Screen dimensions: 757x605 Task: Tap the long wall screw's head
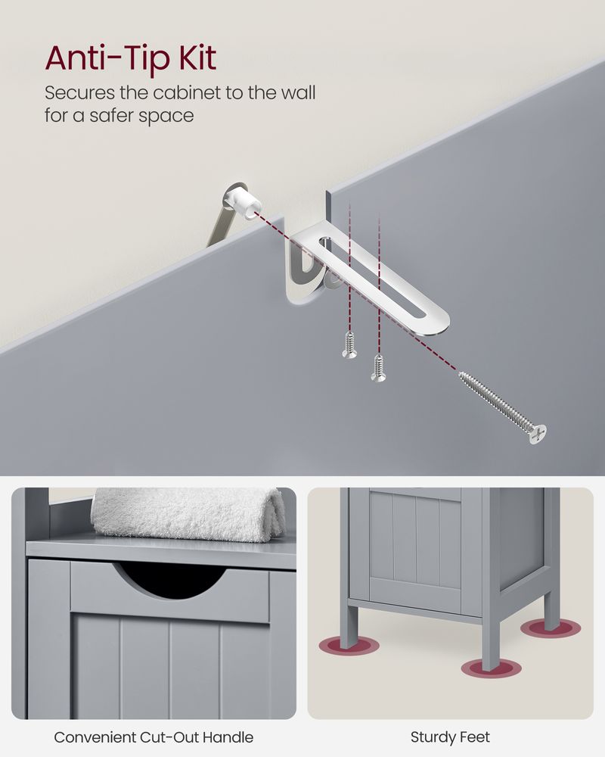coord(538,432)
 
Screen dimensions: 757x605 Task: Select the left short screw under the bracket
coord(349,344)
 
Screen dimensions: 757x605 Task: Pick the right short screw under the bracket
coord(378,367)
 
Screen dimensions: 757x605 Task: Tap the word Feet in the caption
coord(475,737)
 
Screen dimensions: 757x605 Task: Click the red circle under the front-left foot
coord(349,646)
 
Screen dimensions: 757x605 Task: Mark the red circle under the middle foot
coord(492,668)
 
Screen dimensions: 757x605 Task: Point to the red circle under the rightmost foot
coord(549,628)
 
